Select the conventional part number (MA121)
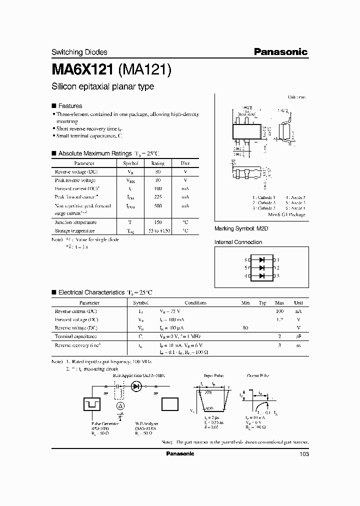point(145,69)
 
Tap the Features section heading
point(70,106)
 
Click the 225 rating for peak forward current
point(157,197)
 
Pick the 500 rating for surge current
point(157,205)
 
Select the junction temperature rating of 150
point(157,222)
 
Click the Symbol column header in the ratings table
point(130,163)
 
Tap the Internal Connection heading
point(238,242)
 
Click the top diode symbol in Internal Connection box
point(261,259)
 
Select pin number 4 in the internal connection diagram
point(246,275)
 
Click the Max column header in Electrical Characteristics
point(279,302)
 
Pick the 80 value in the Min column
point(245,328)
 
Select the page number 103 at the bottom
point(303,454)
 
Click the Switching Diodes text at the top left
point(79,52)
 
